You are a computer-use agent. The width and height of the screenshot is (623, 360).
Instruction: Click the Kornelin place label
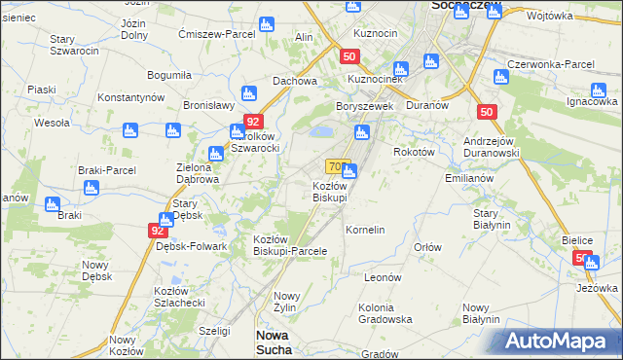point(366,230)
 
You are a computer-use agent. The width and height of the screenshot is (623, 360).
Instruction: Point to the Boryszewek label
point(363,106)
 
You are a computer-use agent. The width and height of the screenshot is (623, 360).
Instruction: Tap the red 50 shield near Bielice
point(582,258)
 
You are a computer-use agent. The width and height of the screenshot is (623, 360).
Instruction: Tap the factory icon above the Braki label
point(53,204)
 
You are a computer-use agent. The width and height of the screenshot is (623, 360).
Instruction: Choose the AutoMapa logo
point(559,342)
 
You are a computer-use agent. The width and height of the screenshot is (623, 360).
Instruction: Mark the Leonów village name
point(383,277)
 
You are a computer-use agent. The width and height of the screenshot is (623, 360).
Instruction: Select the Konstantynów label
point(129,97)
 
